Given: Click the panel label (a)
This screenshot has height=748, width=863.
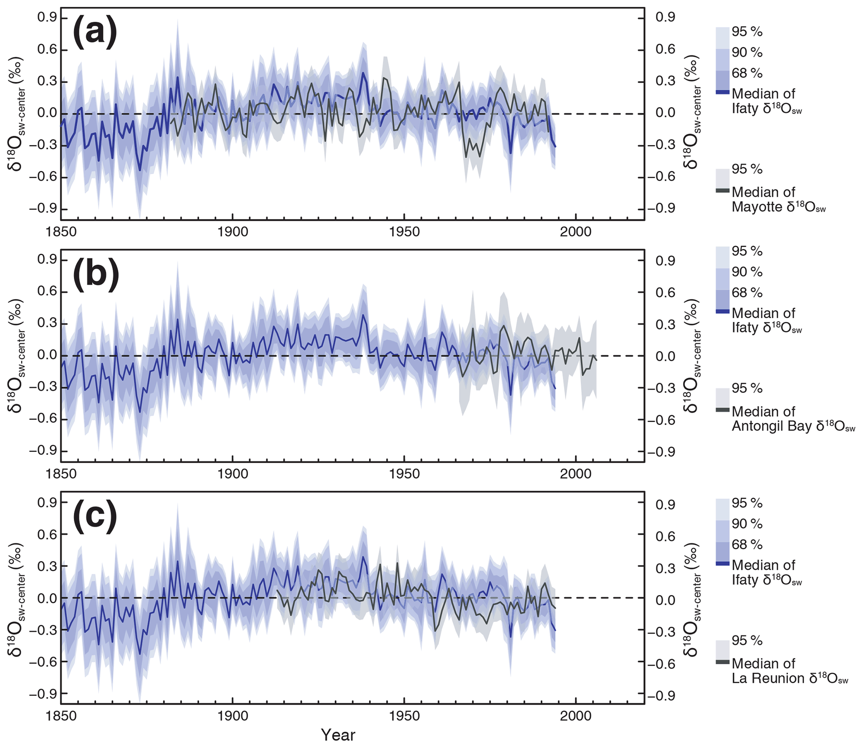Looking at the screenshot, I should click(95, 33).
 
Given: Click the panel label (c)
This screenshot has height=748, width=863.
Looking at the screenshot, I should click(95, 517).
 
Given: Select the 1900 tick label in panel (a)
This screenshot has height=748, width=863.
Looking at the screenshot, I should click(233, 232).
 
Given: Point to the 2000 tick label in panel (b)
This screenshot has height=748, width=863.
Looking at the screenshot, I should click(576, 474).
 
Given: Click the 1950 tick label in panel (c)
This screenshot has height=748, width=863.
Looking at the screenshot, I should click(404, 716).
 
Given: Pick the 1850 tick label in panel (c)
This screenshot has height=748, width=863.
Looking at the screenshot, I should click(61, 716).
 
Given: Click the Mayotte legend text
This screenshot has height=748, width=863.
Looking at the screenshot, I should click(779, 200).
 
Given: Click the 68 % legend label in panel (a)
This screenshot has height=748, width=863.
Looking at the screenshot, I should click(747, 73).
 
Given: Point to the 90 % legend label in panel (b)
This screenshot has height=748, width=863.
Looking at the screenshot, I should click(747, 272).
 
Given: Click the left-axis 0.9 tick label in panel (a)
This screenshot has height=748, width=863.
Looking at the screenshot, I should click(47, 18).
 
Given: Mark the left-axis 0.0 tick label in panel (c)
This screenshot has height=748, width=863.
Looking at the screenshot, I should click(47, 598).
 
